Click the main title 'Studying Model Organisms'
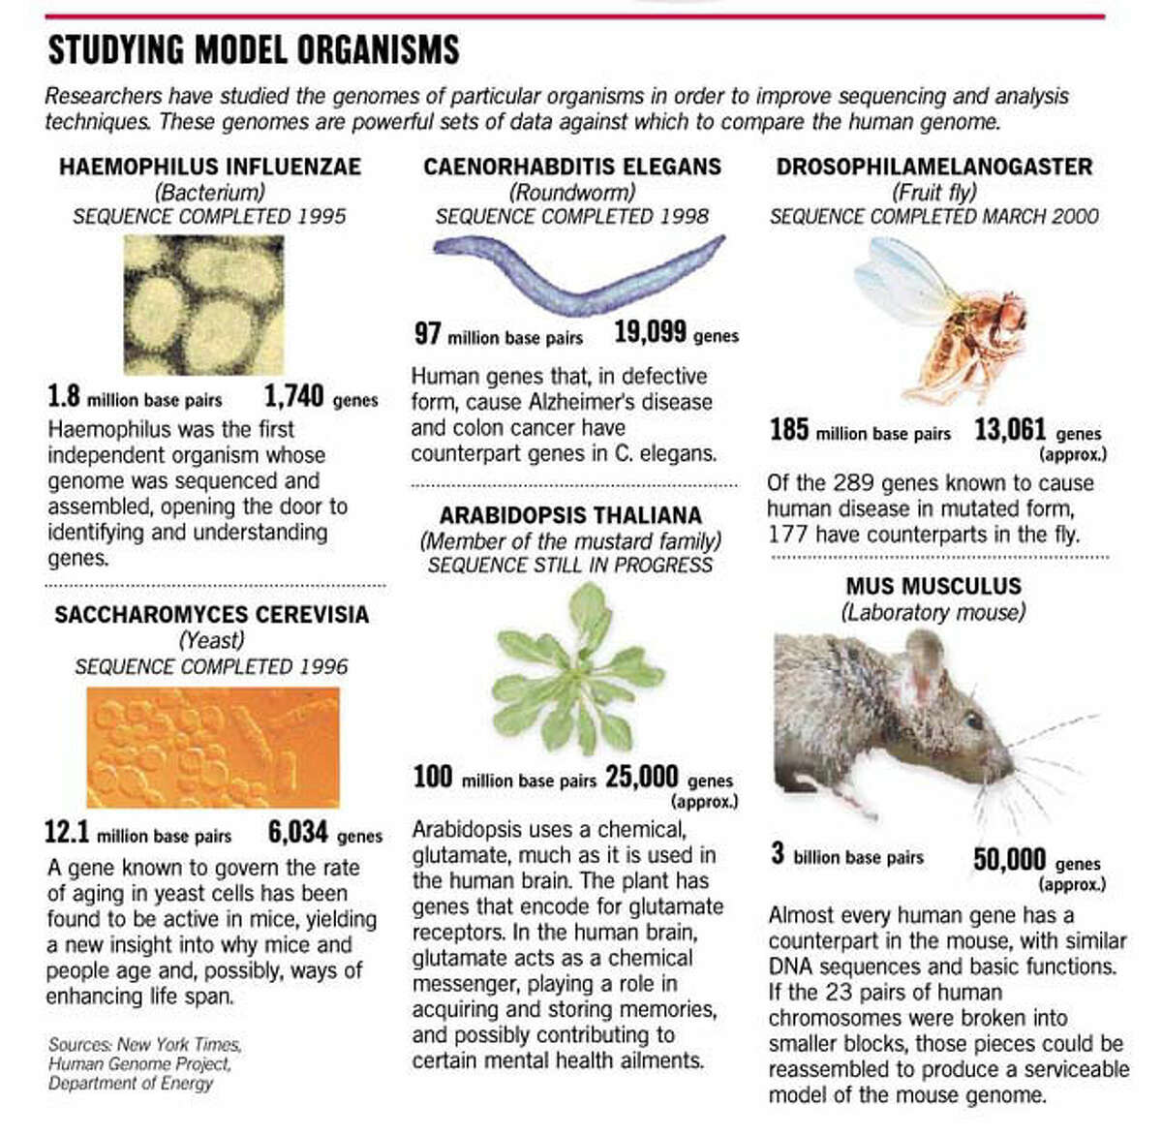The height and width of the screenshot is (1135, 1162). (254, 49)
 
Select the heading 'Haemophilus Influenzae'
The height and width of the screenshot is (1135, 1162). (210, 167)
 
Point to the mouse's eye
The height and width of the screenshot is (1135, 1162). (972, 721)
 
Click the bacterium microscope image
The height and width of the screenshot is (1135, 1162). (203, 305)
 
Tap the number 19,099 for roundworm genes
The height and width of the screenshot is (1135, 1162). (650, 333)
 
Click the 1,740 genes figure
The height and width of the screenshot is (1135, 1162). (294, 396)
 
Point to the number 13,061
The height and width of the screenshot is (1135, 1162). (1010, 430)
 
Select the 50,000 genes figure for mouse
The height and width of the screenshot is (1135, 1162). (1009, 860)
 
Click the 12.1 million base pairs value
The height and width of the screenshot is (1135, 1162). (67, 832)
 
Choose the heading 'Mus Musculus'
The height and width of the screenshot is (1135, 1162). (933, 586)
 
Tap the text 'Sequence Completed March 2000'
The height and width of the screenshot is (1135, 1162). (933, 216)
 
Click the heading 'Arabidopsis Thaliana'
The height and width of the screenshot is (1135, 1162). (570, 515)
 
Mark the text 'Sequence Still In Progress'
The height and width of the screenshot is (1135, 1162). (570, 565)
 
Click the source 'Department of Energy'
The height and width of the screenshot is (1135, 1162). (131, 1083)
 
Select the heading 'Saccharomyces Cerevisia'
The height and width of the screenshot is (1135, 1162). (212, 614)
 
